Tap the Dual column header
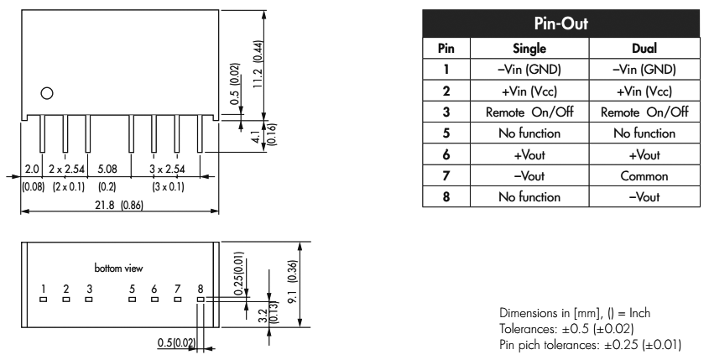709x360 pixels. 639,50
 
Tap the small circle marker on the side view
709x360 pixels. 48,93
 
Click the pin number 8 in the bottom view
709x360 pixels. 200,287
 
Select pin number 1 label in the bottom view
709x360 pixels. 44,287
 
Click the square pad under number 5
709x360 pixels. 132,297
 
